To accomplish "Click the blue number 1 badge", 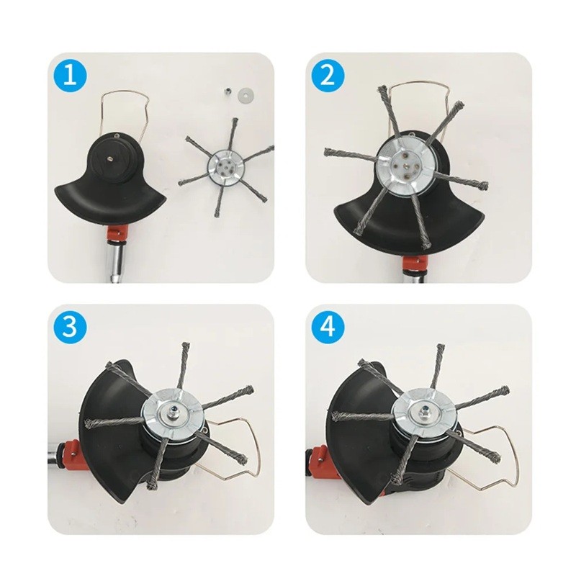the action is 70,76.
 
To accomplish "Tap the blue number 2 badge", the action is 328,76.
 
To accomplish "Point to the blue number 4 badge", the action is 328,327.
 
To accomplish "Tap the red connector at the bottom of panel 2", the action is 415,264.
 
